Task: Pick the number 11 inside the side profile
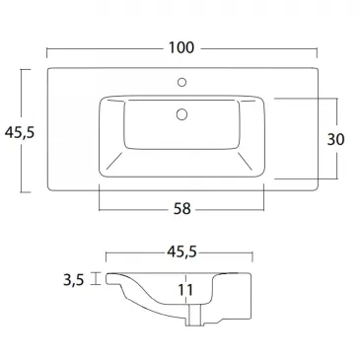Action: pos(184,291)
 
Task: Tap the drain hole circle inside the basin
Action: pos(182,114)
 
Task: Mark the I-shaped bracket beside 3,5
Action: pos(96,279)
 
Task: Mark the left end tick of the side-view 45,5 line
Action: pos(107,252)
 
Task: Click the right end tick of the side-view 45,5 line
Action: pos(252,252)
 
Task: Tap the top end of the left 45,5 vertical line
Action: pos(22,70)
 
